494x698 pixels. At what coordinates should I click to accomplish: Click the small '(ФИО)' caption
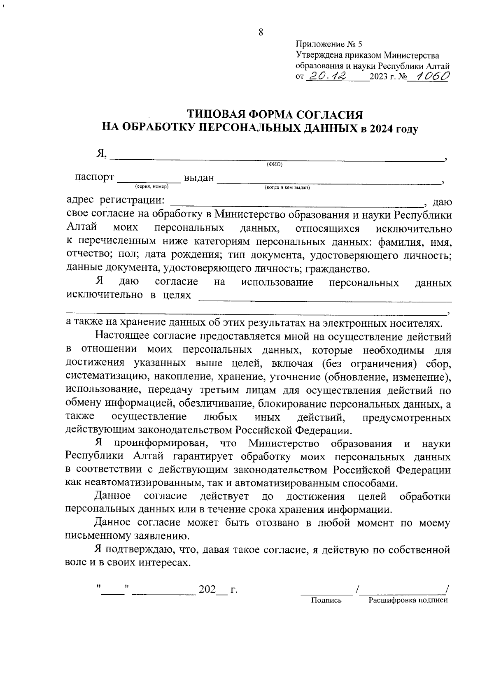[275, 165]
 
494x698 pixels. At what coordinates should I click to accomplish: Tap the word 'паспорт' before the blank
[94, 177]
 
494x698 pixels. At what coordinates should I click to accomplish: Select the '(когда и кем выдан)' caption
[287, 188]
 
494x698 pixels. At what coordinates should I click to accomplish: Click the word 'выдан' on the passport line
[199, 178]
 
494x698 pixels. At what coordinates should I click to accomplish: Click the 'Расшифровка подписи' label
[408, 600]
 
